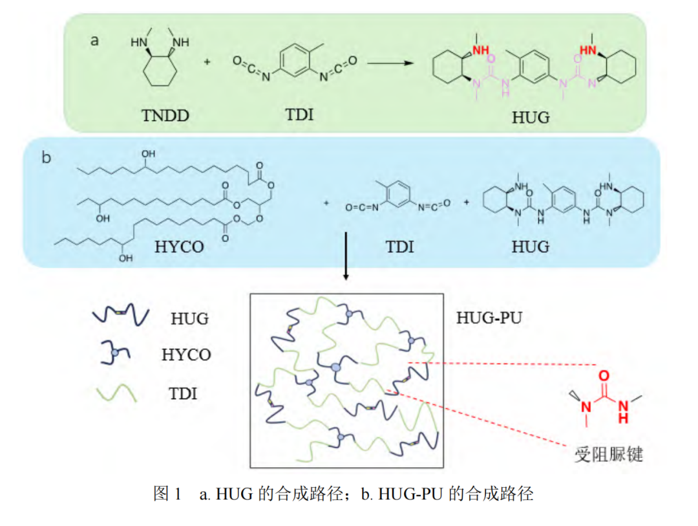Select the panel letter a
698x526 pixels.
pyautogui.click(x=95, y=41)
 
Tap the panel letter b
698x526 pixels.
pyautogui.click(x=47, y=157)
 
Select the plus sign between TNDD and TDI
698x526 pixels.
pyautogui.click(x=207, y=63)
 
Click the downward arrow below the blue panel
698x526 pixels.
pyautogui.click(x=347, y=256)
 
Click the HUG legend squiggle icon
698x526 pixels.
pyautogui.click(x=121, y=316)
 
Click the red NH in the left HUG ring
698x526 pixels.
pyautogui.click(x=479, y=50)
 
